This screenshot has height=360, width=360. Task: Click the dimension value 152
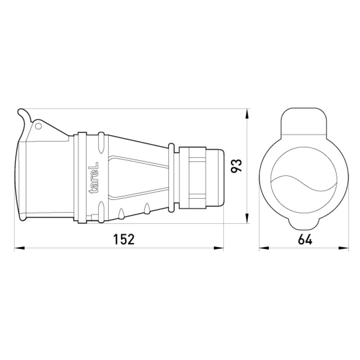tap(124, 239)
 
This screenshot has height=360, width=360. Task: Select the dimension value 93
tap(236, 166)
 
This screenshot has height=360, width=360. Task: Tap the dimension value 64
tap(305, 239)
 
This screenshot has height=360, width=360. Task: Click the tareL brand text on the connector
tap(94, 178)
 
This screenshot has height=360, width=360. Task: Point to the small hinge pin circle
tap(38, 126)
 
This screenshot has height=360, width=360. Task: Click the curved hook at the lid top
tap(25, 115)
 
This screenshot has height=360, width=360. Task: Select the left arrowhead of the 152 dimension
tap(19, 248)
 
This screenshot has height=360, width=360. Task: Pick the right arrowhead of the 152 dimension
tap(218, 248)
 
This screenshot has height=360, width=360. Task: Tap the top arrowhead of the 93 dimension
tap(247, 114)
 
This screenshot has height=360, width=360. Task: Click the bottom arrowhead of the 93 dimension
tap(247, 218)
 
